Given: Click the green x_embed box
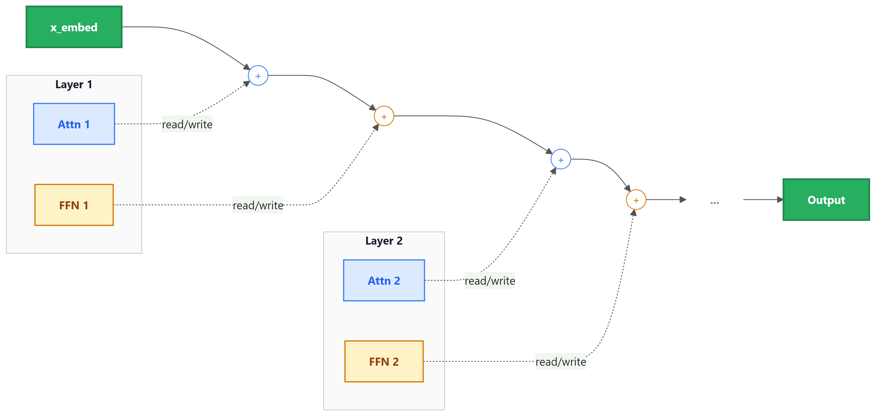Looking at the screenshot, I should [74, 27].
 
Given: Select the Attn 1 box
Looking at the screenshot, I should [74, 124].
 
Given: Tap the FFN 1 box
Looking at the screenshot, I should [74, 205].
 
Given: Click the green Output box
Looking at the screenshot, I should [826, 200].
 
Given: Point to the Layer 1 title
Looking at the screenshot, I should [74, 84].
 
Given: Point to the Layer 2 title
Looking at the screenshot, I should [384, 241].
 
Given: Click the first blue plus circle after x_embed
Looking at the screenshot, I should [258, 75].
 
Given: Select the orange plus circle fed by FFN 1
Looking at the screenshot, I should [384, 116].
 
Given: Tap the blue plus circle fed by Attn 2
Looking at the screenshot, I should [561, 159].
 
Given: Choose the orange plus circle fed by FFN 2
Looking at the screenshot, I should [636, 200].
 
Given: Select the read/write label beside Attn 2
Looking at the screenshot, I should [490, 281].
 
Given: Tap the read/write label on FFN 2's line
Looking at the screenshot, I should [560, 362].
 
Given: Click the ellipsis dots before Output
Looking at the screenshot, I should [714, 203].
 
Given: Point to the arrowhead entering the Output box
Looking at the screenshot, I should [780, 200].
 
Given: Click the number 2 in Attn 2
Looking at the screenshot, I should [397, 281].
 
